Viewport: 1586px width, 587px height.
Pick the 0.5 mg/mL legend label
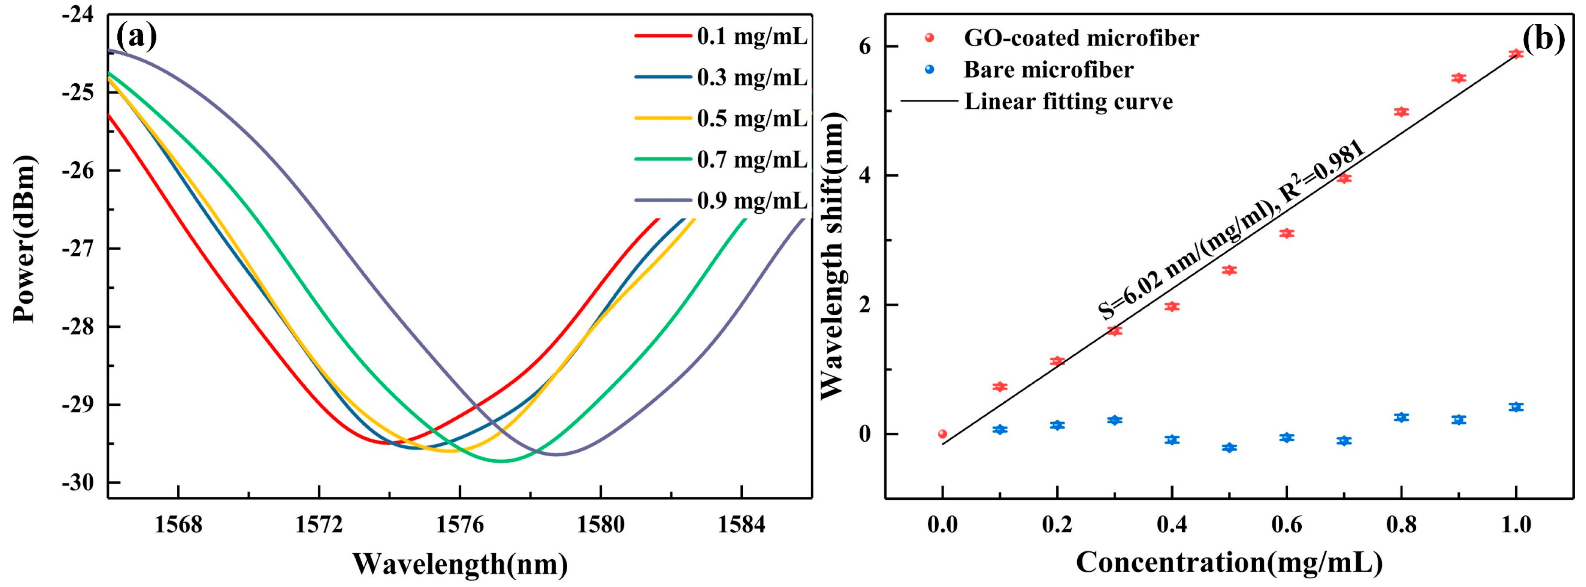(751, 119)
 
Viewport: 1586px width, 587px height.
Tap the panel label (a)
(136, 37)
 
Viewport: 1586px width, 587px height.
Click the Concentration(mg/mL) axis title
(1229, 562)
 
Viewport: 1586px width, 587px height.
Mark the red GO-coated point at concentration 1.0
(1516, 54)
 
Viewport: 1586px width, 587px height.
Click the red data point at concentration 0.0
(942, 434)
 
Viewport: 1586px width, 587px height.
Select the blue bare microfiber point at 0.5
(1229, 448)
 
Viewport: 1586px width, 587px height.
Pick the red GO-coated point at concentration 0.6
(1286, 233)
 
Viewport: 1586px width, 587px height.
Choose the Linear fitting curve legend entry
(1068, 101)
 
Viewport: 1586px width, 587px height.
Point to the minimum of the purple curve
(556, 455)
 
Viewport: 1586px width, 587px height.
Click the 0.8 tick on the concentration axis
(1401, 525)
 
